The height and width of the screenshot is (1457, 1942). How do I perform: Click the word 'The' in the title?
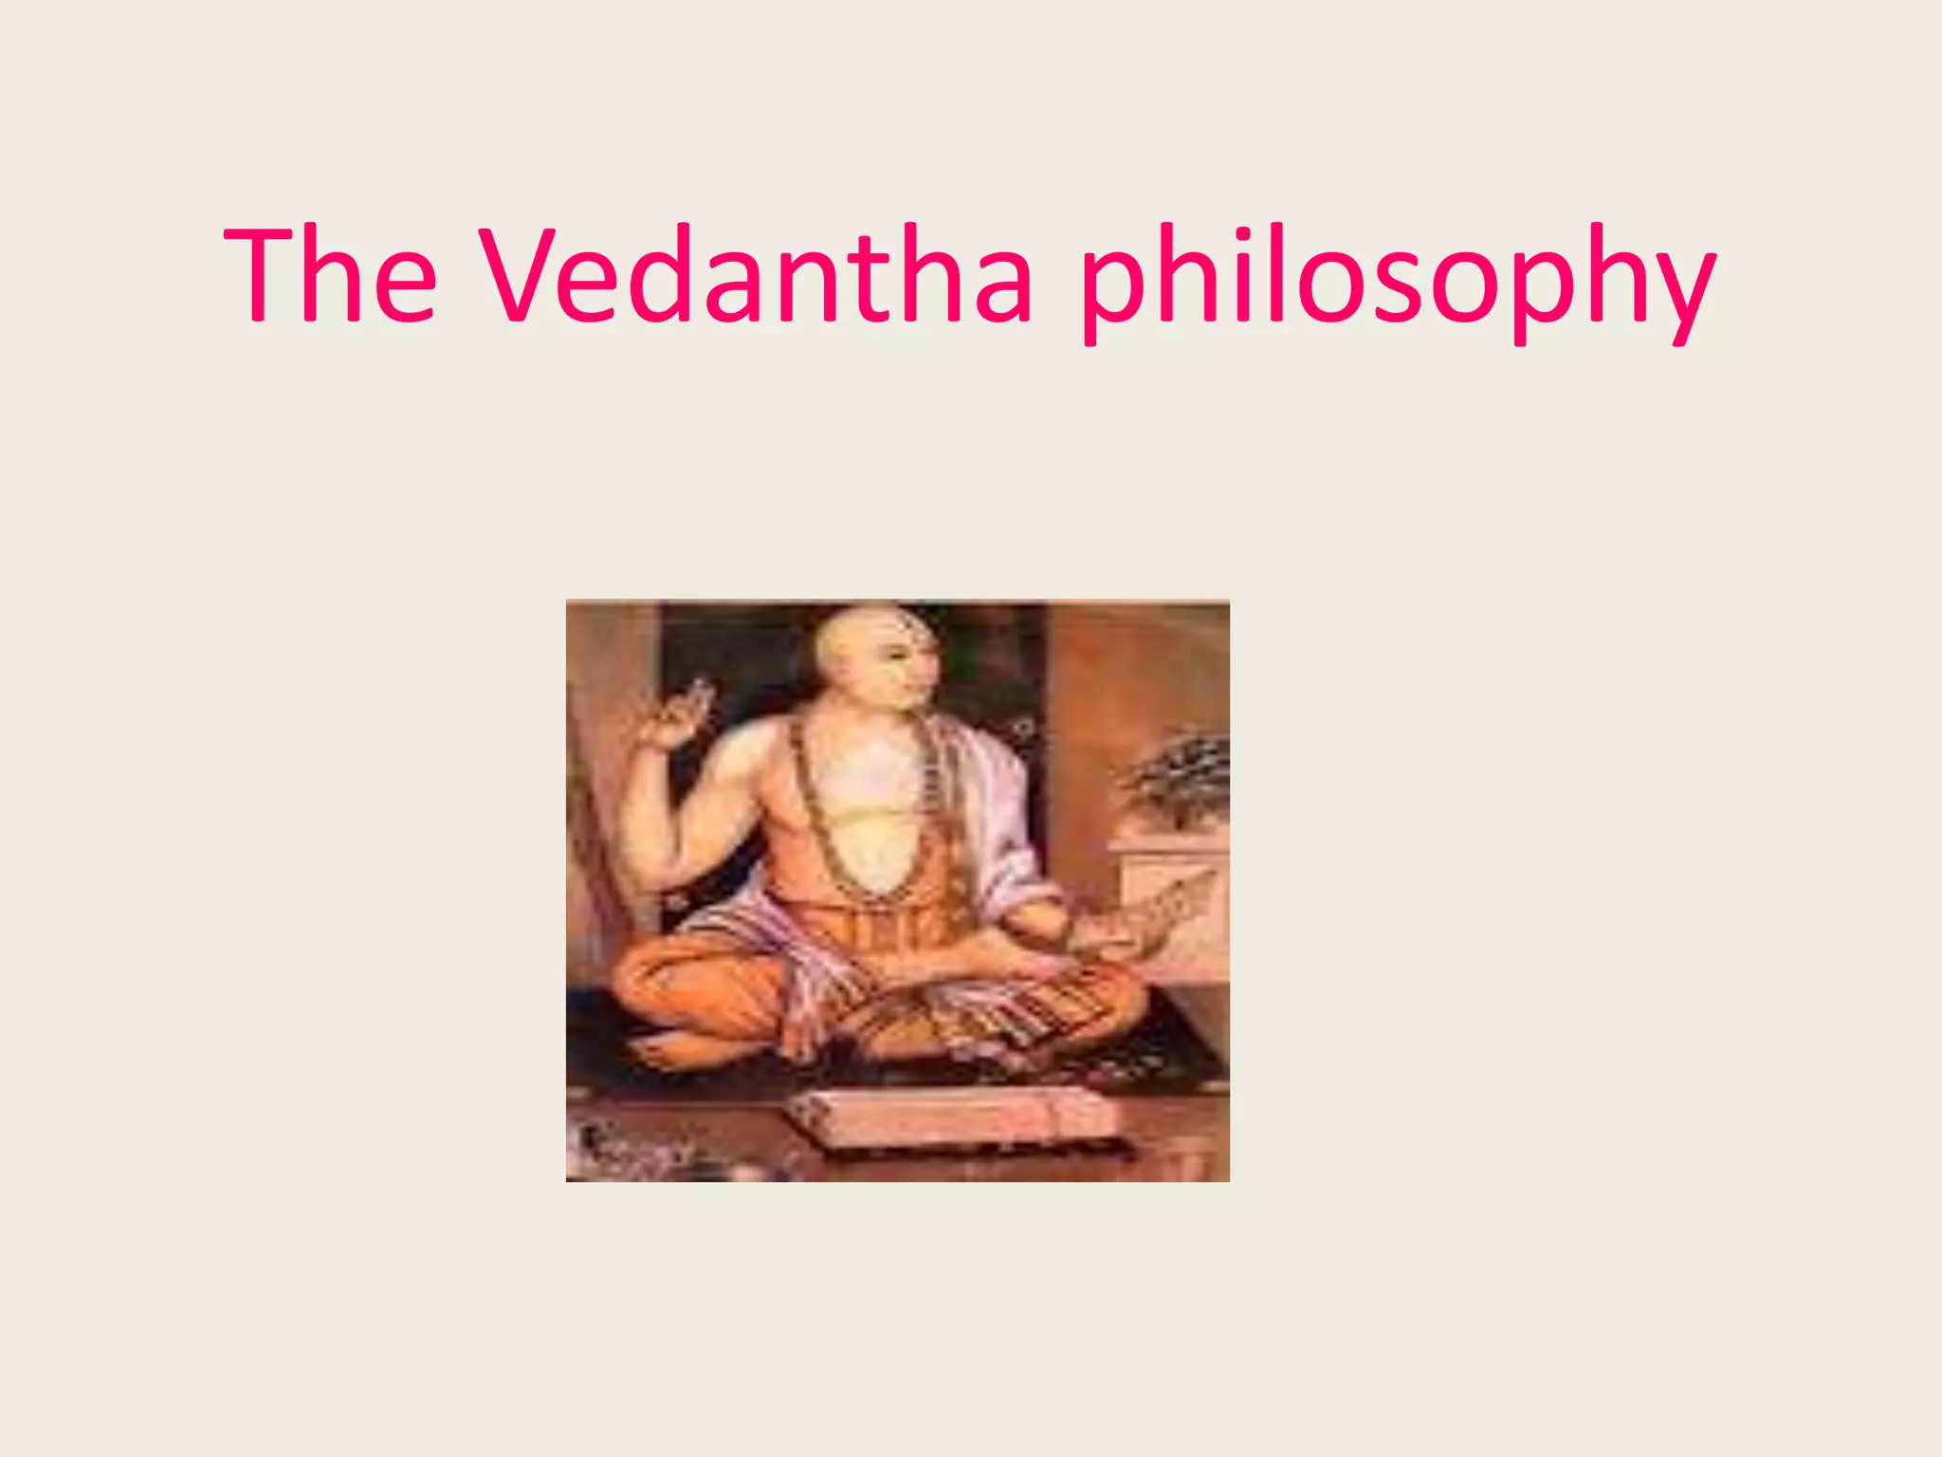pyautogui.click(x=330, y=275)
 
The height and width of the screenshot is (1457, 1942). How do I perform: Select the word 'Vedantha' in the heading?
pyautogui.click(x=755, y=275)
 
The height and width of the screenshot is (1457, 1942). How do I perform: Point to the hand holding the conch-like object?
pyautogui.click(x=1090, y=934)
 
